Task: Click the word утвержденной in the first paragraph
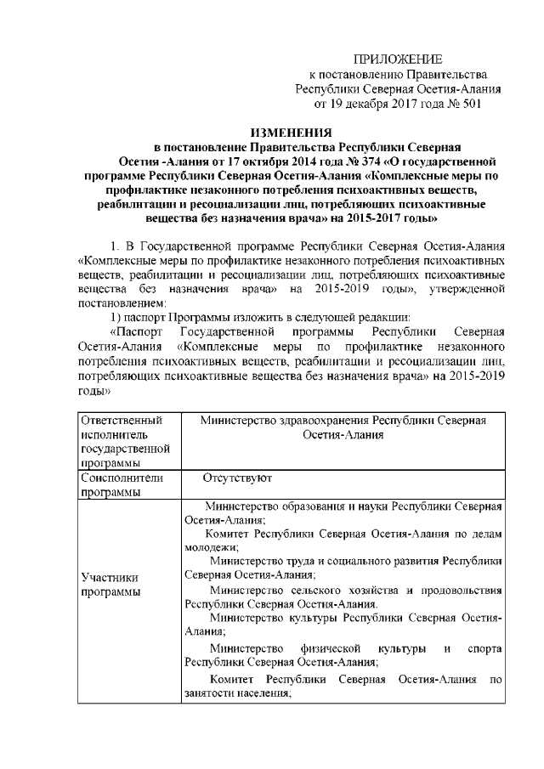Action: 470,291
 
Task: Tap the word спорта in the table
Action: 485,651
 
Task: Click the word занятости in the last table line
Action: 208,693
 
